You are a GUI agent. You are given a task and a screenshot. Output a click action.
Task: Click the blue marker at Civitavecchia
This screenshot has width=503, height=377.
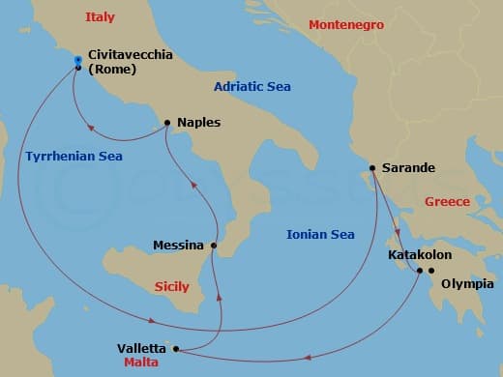(x=77, y=60)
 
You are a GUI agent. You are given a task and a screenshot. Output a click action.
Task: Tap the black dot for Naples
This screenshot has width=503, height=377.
(x=167, y=123)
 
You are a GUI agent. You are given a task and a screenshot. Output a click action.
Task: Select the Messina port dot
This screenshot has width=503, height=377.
(x=214, y=246)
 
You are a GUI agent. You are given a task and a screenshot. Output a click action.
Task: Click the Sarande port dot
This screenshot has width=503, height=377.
(x=372, y=168)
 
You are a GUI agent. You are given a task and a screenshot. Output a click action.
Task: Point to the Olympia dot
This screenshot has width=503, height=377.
(x=431, y=270)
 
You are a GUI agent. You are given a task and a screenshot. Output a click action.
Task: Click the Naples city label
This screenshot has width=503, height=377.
(x=199, y=123)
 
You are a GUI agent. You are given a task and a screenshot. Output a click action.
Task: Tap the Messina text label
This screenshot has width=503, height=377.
(x=178, y=246)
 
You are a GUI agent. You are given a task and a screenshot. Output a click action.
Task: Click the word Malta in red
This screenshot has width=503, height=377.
(x=141, y=362)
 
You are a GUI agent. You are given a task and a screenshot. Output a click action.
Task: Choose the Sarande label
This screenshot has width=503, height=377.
(x=409, y=167)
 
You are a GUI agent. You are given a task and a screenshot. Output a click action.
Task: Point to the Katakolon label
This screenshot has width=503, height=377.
(x=419, y=255)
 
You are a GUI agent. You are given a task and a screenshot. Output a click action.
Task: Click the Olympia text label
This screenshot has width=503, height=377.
(x=467, y=283)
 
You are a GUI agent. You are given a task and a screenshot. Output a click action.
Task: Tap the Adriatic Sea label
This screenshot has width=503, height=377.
(x=252, y=87)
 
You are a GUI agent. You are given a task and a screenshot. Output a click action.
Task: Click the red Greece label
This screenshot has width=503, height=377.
(x=447, y=201)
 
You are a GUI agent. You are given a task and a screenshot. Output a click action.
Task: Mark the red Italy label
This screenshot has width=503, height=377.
(x=100, y=17)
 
